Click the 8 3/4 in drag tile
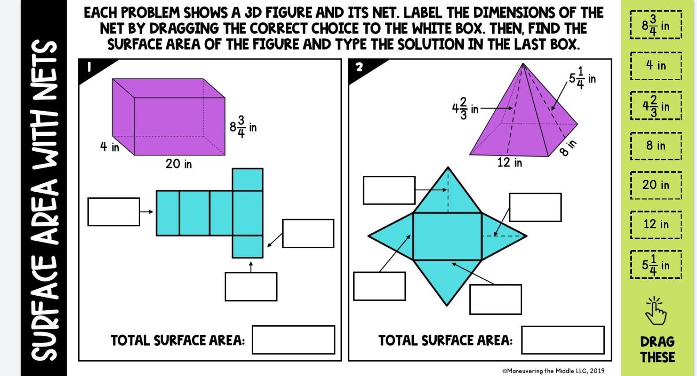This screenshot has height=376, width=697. click(x=656, y=25)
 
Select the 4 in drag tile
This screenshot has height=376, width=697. click(x=656, y=66)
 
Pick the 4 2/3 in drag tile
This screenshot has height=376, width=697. click(x=656, y=106)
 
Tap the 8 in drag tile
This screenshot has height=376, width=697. click(x=656, y=146)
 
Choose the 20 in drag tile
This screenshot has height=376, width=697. click(x=656, y=185)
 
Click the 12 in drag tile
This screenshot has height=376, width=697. click(x=656, y=224)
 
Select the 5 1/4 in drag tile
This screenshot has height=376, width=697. click(x=656, y=264)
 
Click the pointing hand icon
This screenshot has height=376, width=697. click(x=655, y=311)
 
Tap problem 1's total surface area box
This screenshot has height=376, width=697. click(x=293, y=339)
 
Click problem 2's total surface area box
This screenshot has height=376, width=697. click(x=563, y=340)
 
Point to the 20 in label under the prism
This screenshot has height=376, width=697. click(x=179, y=164)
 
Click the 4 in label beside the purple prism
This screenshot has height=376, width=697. click(x=109, y=146)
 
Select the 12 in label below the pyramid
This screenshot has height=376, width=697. click(x=510, y=162)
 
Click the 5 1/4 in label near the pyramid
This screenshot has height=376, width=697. click(x=582, y=78)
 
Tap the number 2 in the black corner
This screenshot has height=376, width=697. click(x=360, y=67)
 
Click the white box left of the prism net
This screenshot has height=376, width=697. click(x=114, y=212)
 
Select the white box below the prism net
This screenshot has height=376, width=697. click(x=251, y=287)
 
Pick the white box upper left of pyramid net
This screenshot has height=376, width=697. click(x=389, y=190)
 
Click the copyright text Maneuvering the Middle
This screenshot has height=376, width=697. click(x=553, y=371)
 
